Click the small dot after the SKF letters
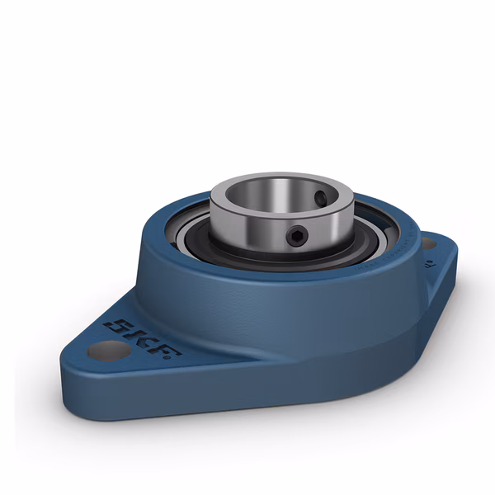click(178, 356)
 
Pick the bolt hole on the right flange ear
click(427, 243)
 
